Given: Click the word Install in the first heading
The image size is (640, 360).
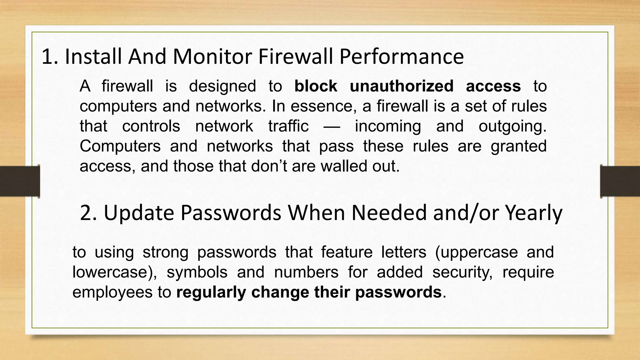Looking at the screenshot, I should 93,57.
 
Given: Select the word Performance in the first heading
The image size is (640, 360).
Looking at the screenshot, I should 401,57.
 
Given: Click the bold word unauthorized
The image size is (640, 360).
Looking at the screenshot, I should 402,86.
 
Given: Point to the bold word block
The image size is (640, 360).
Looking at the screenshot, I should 316,86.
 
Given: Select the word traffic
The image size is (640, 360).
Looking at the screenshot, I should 288,126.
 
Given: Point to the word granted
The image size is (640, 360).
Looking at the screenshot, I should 518,146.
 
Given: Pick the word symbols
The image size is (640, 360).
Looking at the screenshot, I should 197,272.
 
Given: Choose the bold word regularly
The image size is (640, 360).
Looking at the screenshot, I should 211,292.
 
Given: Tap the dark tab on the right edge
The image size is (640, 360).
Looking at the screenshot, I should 620,181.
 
